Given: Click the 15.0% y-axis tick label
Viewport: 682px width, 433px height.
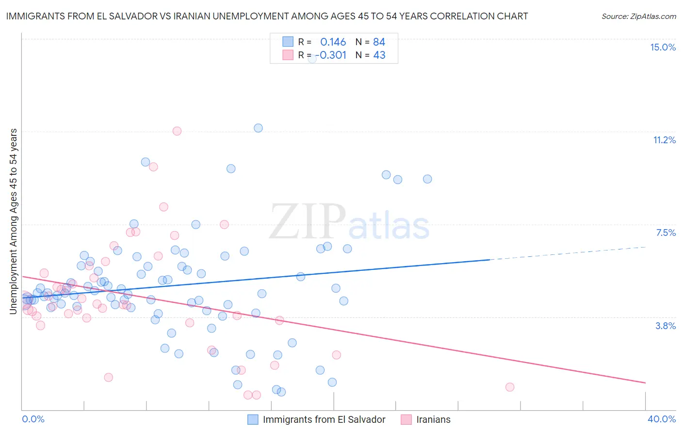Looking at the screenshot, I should click(663, 47).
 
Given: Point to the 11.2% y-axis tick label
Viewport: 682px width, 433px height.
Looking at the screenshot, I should click(664, 140).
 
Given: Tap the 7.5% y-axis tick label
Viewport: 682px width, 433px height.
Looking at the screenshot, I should click(666, 233).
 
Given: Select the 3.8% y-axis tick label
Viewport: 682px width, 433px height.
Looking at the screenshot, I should click(666, 326).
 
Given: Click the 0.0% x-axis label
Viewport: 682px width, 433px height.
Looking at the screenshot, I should click(33, 419).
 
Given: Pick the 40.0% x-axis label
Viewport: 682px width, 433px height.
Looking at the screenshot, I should click(661, 419).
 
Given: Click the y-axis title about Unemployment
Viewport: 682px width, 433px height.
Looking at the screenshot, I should click(14, 221).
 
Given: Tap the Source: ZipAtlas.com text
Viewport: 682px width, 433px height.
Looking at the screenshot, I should click(638, 17).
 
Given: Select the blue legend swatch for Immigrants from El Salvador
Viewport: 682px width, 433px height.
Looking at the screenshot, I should click(253, 419).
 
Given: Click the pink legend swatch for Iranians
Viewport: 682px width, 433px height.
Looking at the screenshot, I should click(406, 419).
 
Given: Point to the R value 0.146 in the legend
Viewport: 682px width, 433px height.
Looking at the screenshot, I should click(333, 42).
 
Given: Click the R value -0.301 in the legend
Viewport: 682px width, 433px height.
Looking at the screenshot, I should click(333, 55).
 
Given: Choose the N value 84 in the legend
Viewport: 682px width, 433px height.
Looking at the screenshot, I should click(379, 42).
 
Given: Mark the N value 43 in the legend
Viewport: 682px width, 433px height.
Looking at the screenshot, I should click(379, 55).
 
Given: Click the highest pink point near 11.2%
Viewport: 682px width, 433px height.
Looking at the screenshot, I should click(177, 131).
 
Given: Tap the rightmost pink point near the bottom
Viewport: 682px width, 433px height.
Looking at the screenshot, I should click(510, 387).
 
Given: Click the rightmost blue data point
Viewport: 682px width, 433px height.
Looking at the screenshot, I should click(427, 179).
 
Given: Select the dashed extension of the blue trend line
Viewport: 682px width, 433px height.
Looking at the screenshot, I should click(568, 253).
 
